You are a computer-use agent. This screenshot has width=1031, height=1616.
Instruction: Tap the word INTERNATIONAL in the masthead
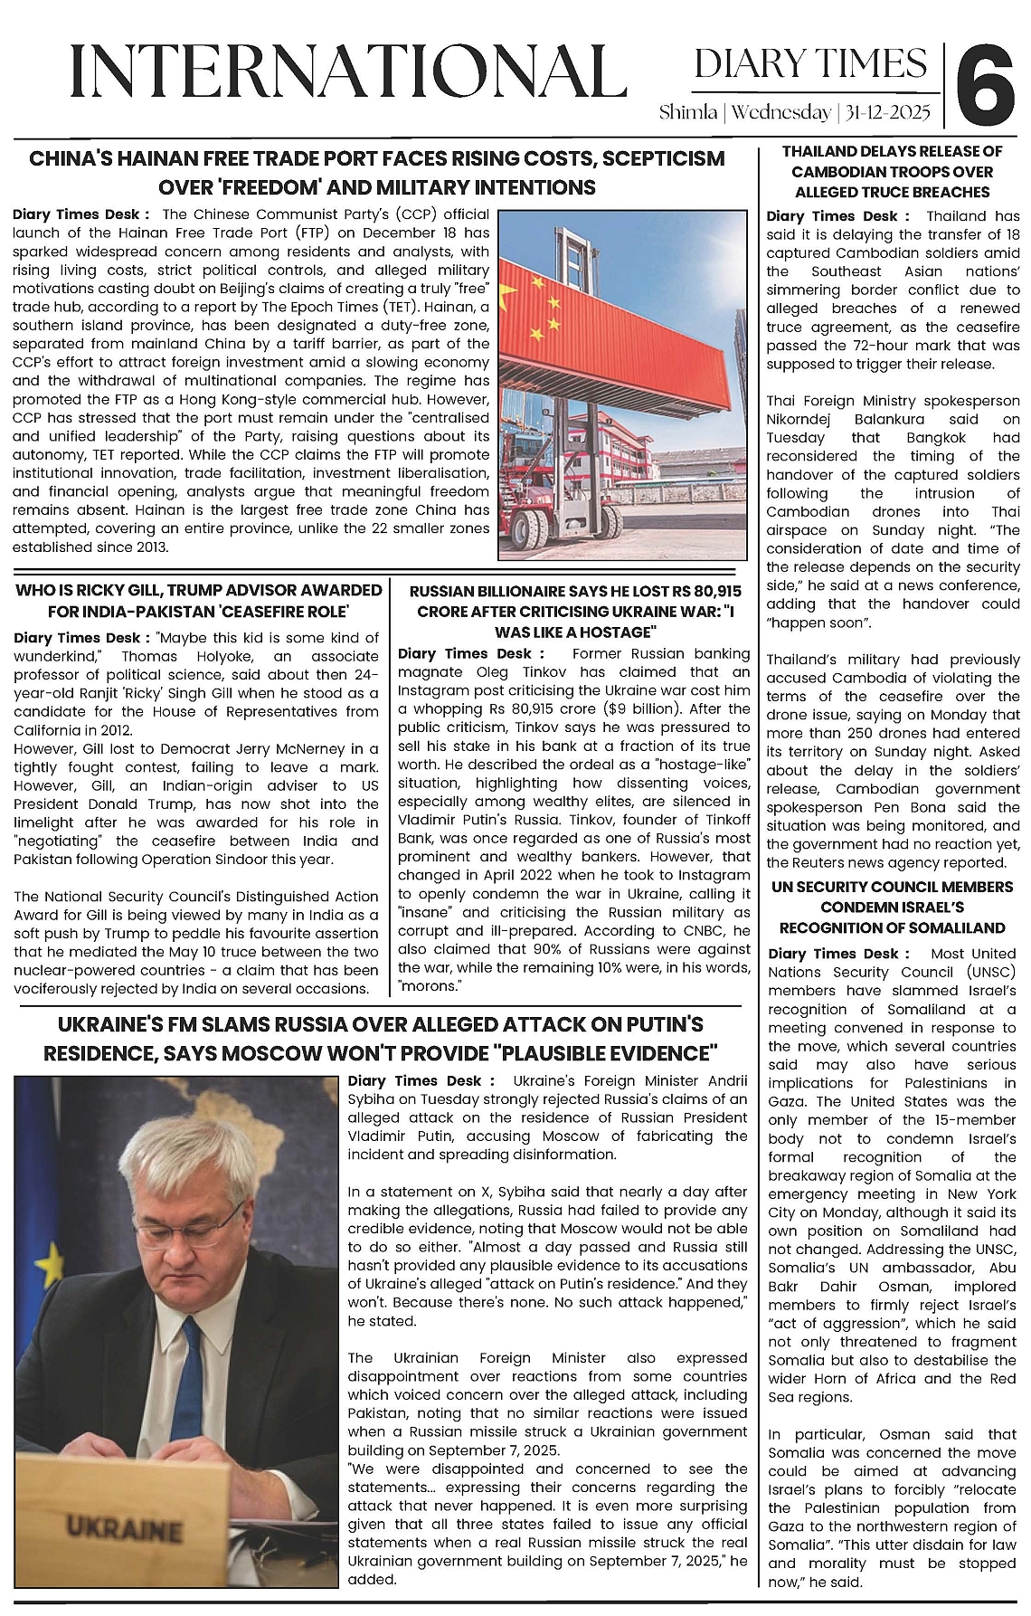click(x=348, y=72)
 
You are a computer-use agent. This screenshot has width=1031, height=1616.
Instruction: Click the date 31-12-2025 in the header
click(x=885, y=113)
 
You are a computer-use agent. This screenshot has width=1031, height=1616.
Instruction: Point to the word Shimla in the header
click(x=688, y=113)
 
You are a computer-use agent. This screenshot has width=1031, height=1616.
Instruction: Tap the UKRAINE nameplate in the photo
click(x=123, y=1529)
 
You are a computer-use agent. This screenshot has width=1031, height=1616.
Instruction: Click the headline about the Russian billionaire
click(x=574, y=612)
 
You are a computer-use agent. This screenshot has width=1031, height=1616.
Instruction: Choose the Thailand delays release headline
click(x=892, y=172)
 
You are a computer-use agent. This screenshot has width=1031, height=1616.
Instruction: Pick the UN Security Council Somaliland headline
click(x=892, y=908)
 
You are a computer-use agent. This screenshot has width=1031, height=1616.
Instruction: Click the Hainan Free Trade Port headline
click(x=377, y=173)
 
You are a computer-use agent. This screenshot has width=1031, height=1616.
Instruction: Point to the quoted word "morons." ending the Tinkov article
click(x=430, y=986)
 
